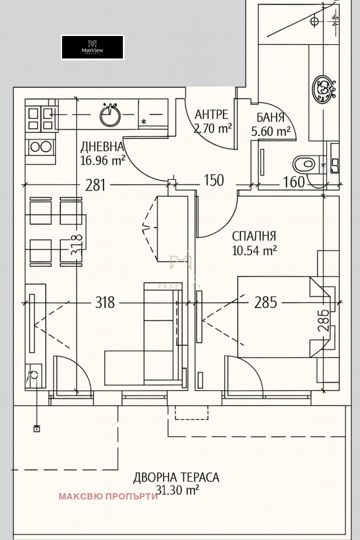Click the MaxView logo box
click(x=93, y=47)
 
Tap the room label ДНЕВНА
click(x=102, y=147)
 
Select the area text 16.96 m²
click(x=103, y=161)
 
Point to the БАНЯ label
click(x=270, y=118)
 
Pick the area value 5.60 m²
click(x=271, y=131)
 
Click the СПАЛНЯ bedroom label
click(x=254, y=236)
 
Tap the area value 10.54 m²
click(x=254, y=251)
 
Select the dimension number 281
click(x=95, y=185)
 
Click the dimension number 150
click(x=214, y=180)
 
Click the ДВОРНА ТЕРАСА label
click(x=176, y=477)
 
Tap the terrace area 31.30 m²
click(x=177, y=490)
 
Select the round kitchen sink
click(x=110, y=116)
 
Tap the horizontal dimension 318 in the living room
click(x=105, y=302)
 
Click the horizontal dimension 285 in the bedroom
click(x=265, y=302)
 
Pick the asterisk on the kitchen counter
click(x=144, y=122)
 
